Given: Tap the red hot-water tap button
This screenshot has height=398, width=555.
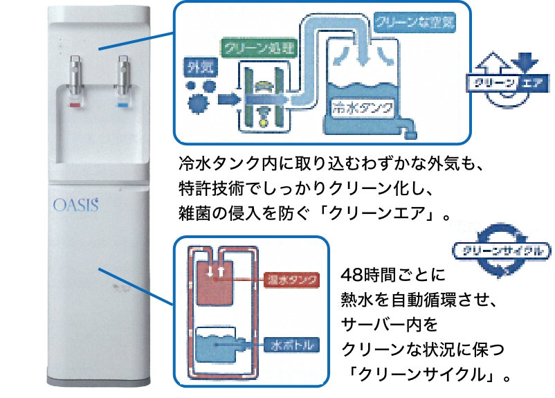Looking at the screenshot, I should [74, 106].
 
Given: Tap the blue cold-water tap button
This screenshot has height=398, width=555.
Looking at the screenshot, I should [125, 106].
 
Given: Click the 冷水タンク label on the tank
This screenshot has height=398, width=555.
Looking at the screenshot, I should [363, 107].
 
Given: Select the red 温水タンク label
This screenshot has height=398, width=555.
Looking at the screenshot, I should [292, 280].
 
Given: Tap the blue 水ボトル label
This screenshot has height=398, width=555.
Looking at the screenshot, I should [293, 344].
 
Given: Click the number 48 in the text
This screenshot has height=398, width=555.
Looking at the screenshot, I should [349, 273].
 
